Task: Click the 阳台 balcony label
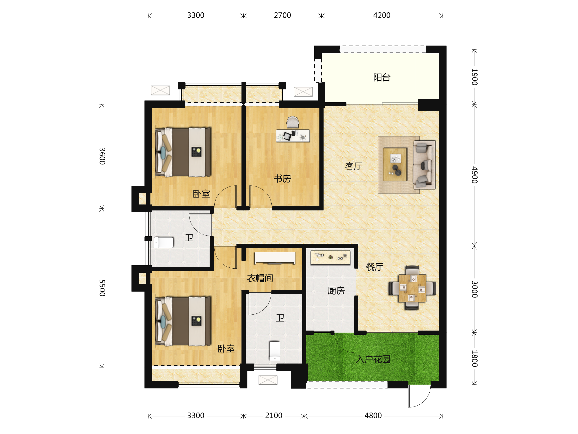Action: [x=382, y=77]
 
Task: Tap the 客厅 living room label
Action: [x=354, y=166]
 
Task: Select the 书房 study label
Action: [x=282, y=179]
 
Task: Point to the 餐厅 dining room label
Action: [x=374, y=267]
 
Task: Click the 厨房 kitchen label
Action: [x=336, y=291]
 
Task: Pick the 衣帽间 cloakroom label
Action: [x=260, y=278]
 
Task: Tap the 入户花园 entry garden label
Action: [x=373, y=359]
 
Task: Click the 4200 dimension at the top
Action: [x=381, y=15]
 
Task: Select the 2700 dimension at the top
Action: [x=282, y=15]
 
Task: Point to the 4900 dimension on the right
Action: [x=474, y=175]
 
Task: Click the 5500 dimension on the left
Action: [x=102, y=288]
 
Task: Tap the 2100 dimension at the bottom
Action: [x=274, y=415]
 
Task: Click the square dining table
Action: [x=412, y=288]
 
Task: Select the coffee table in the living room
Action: [x=395, y=164]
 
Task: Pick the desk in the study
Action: [x=293, y=136]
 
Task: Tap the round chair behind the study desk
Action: [x=292, y=122]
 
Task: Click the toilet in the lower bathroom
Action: [x=275, y=351]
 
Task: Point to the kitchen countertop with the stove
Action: [x=330, y=258]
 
